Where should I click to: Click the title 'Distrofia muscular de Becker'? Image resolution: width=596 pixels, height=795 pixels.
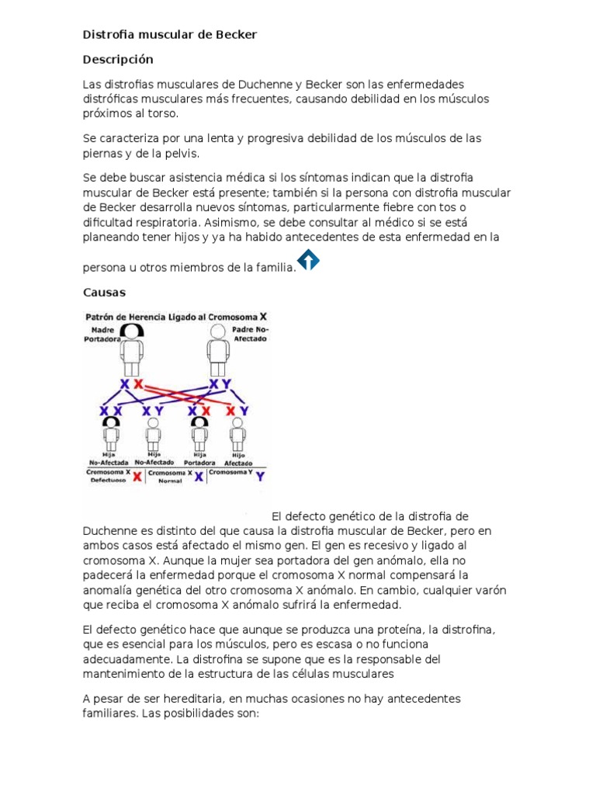click(169, 35)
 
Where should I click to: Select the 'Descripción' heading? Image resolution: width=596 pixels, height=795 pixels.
click(118, 60)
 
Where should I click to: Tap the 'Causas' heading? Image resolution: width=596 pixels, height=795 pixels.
click(104, 293)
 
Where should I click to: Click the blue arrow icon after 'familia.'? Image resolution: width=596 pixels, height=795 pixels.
click(308, 260)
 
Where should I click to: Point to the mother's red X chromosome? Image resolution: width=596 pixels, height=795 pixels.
click(138, 385)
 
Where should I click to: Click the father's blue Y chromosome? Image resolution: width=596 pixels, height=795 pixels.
click(227, 385)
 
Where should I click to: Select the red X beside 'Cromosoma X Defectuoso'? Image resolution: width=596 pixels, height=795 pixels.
click(137, 476)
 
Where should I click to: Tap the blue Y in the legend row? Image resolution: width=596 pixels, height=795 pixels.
click(259, 476)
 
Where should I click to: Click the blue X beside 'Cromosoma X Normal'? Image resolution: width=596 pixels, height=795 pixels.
click(199, 476)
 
